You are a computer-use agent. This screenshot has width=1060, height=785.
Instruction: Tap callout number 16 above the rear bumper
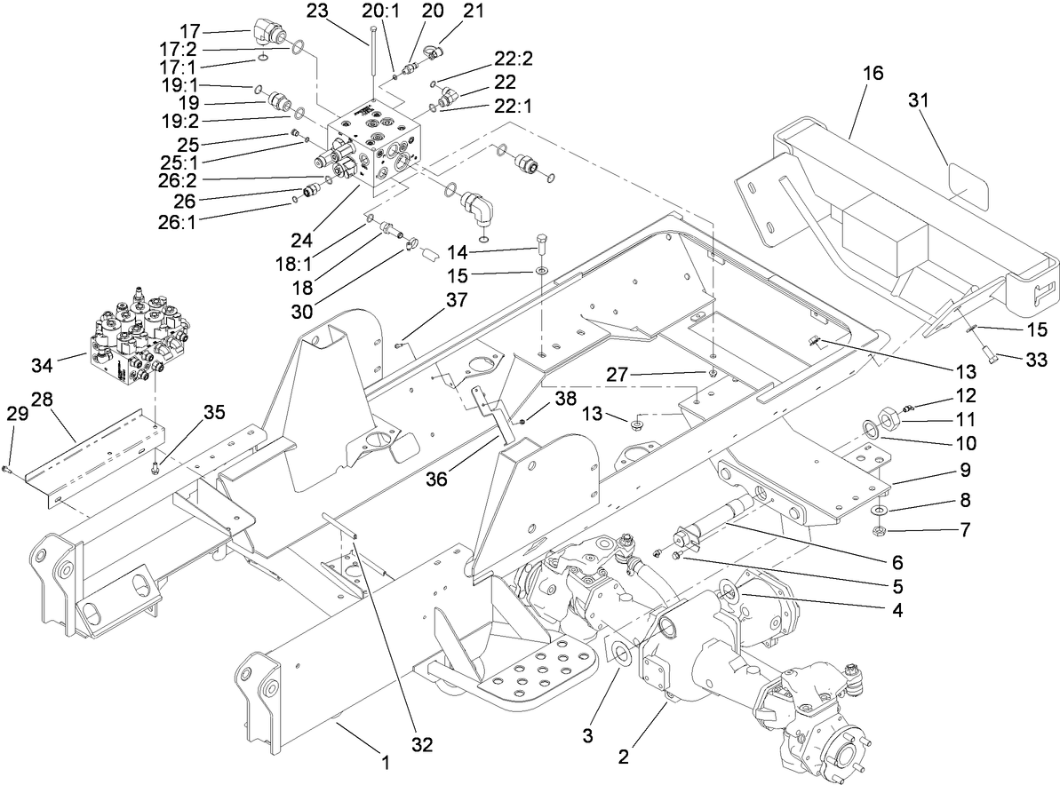(x=873, y=74)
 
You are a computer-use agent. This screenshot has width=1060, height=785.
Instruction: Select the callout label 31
(x=918, y=101)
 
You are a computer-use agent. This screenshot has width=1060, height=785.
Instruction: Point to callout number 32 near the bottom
(x=421, y=744)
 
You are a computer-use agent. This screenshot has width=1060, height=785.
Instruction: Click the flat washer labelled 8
(x=878, y=511)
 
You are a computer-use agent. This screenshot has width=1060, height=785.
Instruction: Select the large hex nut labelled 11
(x=885, y=416)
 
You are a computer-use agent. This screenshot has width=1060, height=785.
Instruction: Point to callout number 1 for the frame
(x=385, y=762)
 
